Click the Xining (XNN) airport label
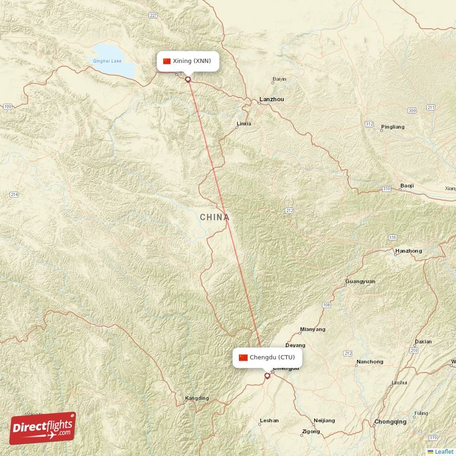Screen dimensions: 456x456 (188, 61)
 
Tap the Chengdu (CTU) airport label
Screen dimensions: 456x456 (267, 357)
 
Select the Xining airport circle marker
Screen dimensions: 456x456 (188, 79)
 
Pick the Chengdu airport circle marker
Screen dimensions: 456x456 (267, 376)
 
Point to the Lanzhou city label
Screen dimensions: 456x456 (271, 100)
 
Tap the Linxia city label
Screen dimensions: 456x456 (243, 124)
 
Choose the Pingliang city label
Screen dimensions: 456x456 (392, 127)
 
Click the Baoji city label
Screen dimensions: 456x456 (407, 186)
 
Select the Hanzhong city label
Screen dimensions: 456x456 (408, 251)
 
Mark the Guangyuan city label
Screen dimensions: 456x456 (360, 282)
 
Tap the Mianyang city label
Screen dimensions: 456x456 (312, 329)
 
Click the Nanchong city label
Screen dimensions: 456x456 (369, 362)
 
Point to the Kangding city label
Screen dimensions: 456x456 (197, 398)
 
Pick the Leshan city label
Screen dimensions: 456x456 (269, 421)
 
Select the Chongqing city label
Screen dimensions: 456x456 (390, 422)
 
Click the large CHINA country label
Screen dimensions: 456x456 (215, 217)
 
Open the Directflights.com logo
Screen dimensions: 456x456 (43, 427)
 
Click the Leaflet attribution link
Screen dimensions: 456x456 (444, 451)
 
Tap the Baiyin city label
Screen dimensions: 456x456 (279, 79)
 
